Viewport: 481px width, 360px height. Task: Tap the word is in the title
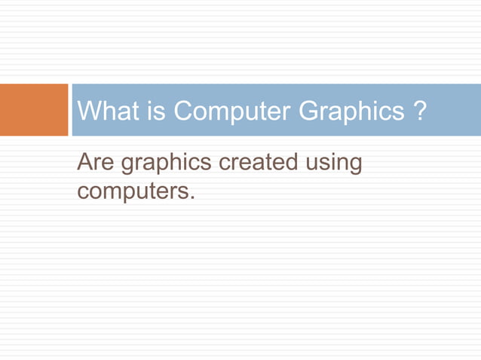click(x=155, y=111)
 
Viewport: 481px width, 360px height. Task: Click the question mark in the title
click(x=420, y=111)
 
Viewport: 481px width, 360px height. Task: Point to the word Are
click(x=96, y=163)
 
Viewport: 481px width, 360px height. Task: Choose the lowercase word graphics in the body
click(x=166, y=164)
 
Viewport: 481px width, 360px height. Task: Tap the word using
click(x=332, y=164)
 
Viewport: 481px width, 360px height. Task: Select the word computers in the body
click(x=132, y=191)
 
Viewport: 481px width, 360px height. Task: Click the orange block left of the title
click(x=34, y=110)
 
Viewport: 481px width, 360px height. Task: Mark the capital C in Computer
click(x=184, y=111)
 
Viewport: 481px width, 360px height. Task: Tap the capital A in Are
click(x=84, y=163)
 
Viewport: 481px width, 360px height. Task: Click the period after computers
click(x=191, y=198)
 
